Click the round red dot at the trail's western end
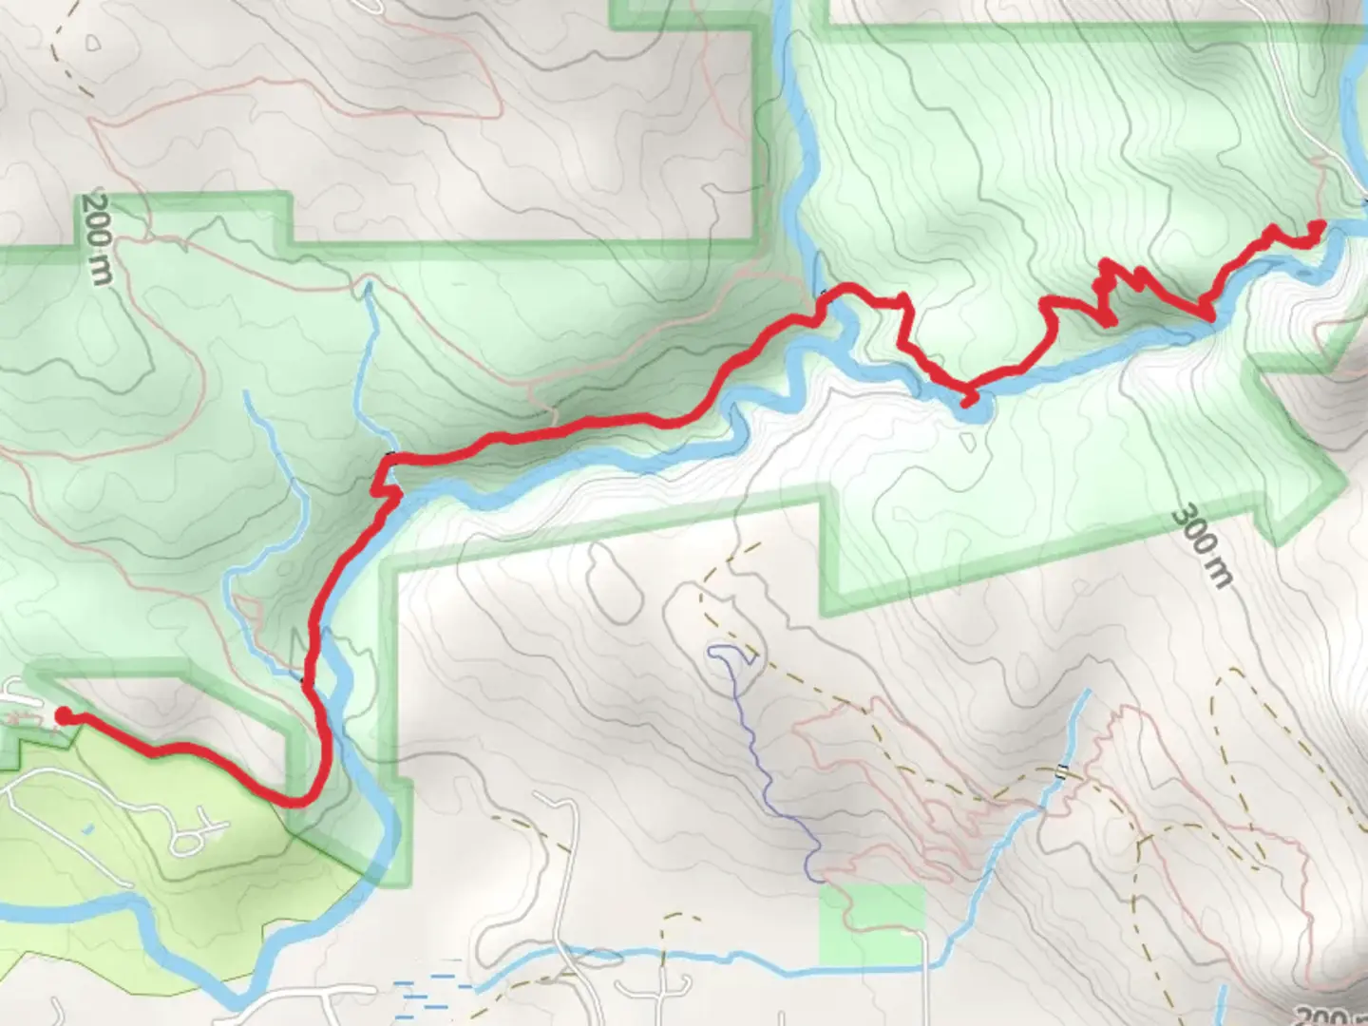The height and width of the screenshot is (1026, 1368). [64, 716]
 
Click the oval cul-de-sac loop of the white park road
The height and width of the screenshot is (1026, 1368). [189, 840]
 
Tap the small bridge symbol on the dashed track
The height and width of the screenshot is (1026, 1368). [1061, 770]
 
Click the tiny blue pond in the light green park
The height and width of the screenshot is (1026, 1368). [87, 829]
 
